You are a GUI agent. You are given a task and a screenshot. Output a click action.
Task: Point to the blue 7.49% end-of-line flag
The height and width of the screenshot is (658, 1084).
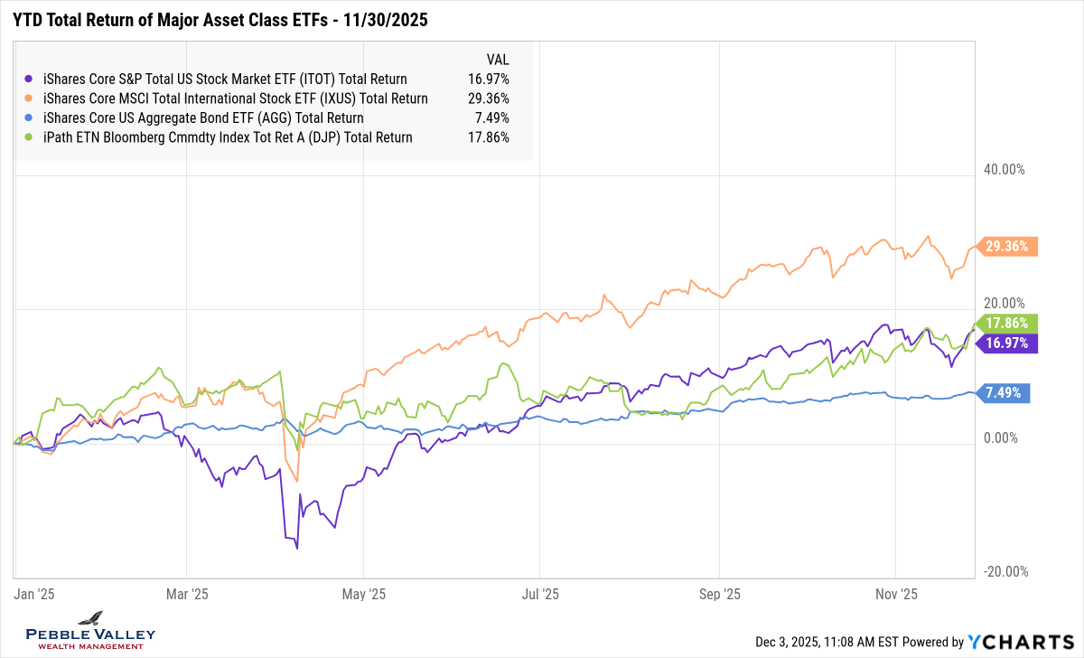click(x=1005, y=392)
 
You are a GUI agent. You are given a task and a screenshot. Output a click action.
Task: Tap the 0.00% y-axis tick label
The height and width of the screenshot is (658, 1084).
click(x=999, y=438)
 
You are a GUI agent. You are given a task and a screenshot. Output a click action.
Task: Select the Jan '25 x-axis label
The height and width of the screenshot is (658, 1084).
click(x=35, y=595)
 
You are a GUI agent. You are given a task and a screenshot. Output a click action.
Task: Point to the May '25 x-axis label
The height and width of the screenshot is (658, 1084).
click(x=364, y=595)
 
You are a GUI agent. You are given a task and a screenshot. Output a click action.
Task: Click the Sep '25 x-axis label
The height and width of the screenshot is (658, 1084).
click(x=719, y=595)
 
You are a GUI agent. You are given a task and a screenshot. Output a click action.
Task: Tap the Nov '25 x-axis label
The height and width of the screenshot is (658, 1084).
click(x=896, y=595)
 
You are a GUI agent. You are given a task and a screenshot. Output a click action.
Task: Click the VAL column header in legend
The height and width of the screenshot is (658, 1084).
click(x=498, y=60)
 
